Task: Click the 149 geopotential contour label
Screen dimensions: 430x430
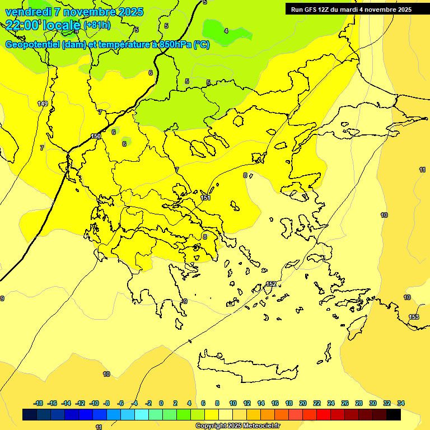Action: pyautogui.click(x=43, y=104)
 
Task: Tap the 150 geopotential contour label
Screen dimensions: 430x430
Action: pyautogui.click(x=96, y=136)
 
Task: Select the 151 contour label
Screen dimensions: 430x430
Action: pyautogui.click(x=205, y=198)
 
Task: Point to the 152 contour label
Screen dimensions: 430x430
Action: pyautogui.click(x=271, y=284)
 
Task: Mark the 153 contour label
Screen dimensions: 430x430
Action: pyautogui.click(x=414, y=317)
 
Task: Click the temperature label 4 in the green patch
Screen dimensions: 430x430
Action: pyautogui.click(x=226, y=31)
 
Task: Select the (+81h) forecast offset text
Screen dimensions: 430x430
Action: pyautogui.click(x=96, y=25)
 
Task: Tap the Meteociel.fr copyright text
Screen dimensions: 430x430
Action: pyautogui.click(x=258, y=426)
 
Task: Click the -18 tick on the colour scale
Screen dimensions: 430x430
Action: pyautogui.click(x=38, y=403)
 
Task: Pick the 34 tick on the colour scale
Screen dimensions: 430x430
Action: pyautogui.click(x=401, y=403)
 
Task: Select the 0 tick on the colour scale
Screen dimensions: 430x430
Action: pyautogui.click(x=161, y=403)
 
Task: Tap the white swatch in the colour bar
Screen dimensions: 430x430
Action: pyautogui.click(x=226, y=414)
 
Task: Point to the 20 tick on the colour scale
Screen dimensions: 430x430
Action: pyautogui.click(x=303, y=403)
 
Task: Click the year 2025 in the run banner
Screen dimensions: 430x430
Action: pyautogui.click(x=403, y=10)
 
